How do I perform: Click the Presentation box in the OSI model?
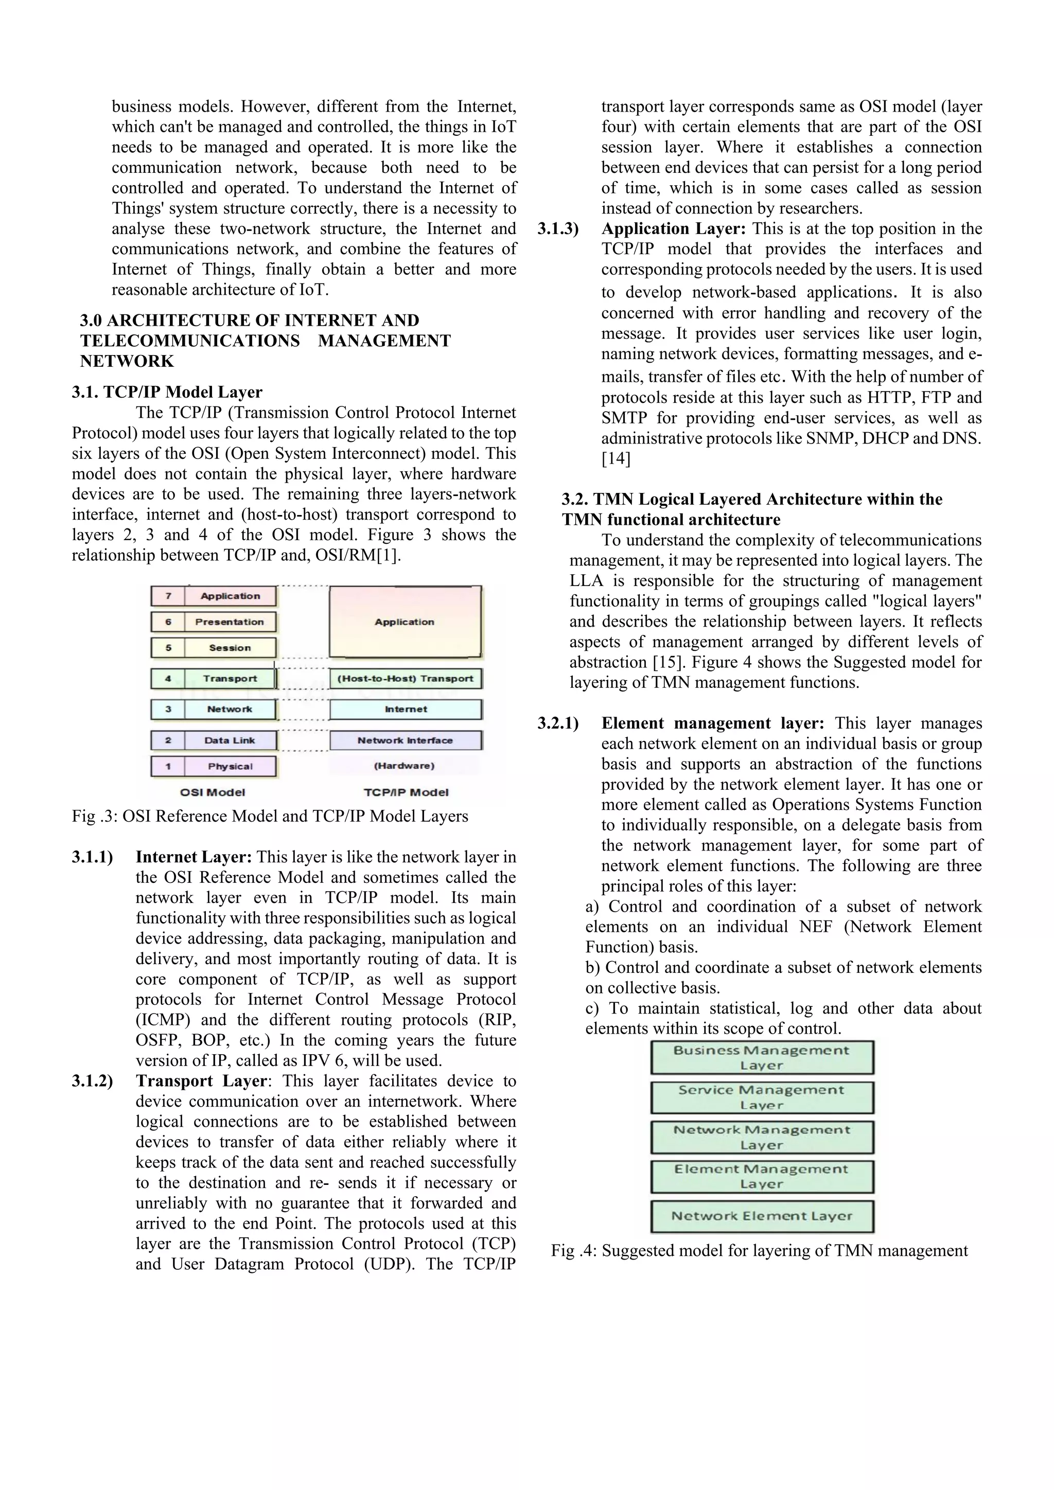[x=214, y=622]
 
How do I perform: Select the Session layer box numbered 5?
[x=214, y=648]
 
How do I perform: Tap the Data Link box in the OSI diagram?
[x=214, y=740]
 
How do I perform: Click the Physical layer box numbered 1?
[x=214, y=767]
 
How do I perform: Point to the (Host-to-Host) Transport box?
[x=406, y=679]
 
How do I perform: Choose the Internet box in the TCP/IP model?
[x=406, y=709]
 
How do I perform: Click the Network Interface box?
[x=406, y=740]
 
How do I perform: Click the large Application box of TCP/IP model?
[x=405, y=622]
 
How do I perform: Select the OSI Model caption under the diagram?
[x=213, y=792]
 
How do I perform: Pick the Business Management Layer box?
[x=762, y=1058]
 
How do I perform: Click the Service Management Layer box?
[x=762, y=1097]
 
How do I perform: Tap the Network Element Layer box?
[x=762, y=1216]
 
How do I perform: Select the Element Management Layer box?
[x=762, y=1177]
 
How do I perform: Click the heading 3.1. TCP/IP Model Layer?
[x=167, y=392]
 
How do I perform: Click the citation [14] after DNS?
[x=616, y=459]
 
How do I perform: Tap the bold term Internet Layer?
[x=194, y=857]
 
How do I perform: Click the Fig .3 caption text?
[x=270, y=817]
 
